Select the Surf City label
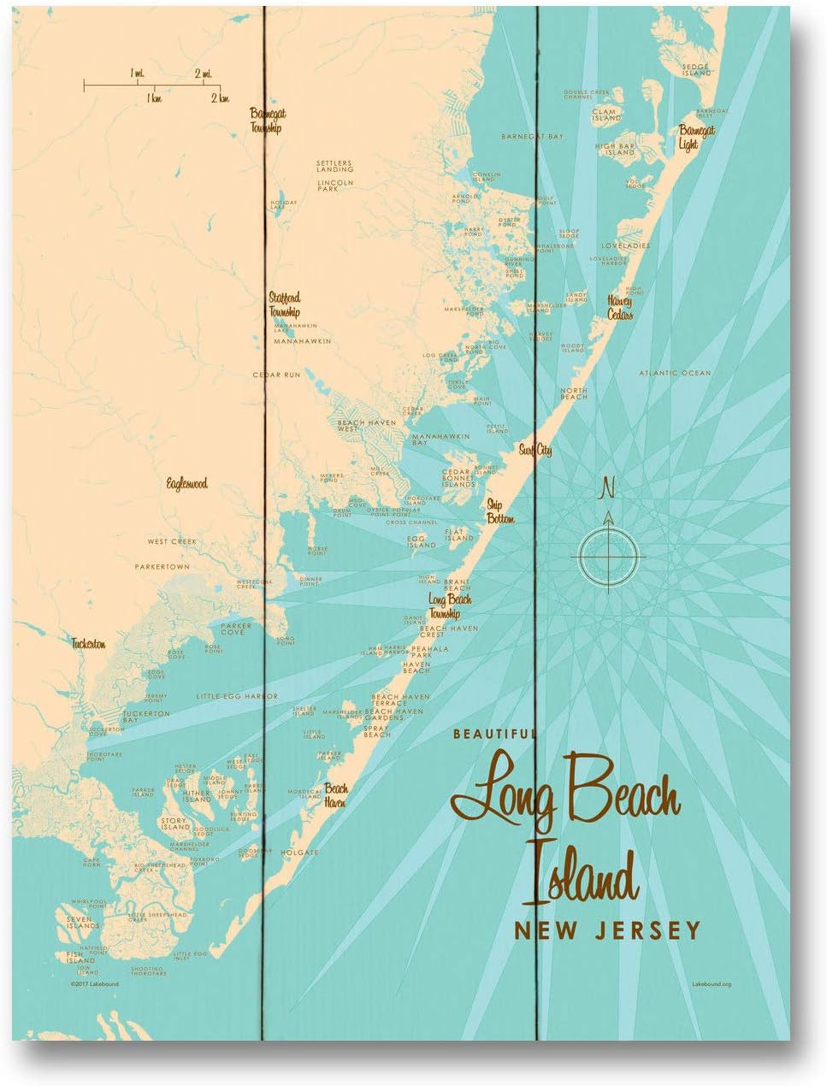[535, 450]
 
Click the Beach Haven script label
[334, 796]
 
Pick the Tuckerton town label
[88, 644]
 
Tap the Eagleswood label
[187, 484]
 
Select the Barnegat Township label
[265, 121]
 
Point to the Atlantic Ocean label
[676, 373]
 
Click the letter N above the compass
[608, 489]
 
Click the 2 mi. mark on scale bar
[204, 74]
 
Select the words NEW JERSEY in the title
[606, 930]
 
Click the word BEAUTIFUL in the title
[495, 733]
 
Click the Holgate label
[299, 853]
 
